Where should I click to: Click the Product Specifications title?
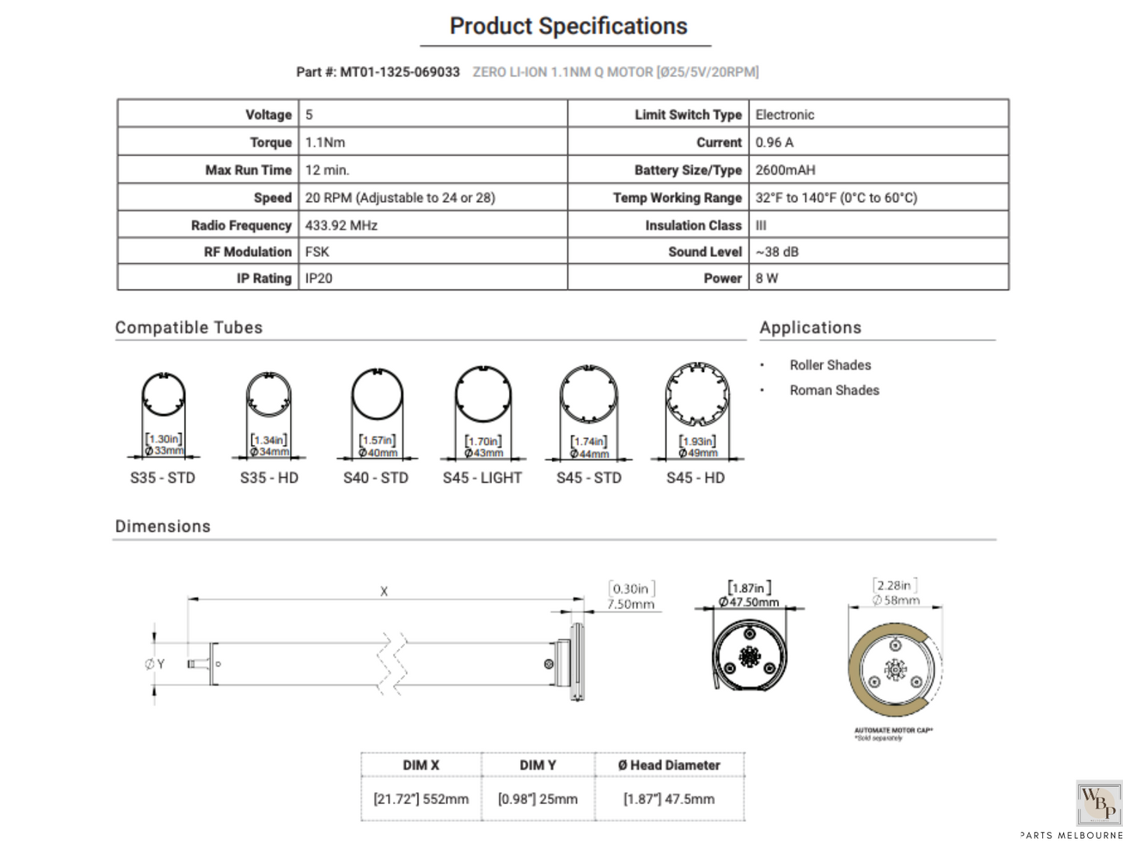[568, 26]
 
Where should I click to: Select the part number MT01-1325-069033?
[399, 72]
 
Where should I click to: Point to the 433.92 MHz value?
[341, 225]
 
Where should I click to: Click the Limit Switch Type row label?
[688, 114]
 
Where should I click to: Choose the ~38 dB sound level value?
[776, 252]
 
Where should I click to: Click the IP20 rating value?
[319, 278]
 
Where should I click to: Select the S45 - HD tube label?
[696, 478]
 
